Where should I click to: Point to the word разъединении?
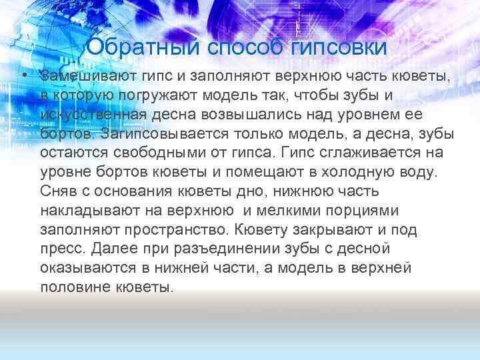pos(231,249)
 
